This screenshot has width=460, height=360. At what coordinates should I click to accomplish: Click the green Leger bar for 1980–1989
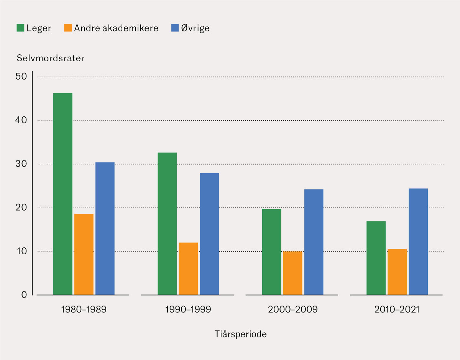pyautogui.click(x=63, y=194)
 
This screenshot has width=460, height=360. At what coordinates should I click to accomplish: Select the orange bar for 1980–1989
pyautogui.click(x=84, y=254)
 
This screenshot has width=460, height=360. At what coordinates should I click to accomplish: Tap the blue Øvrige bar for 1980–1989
pyautogui.click(x=105, y=229)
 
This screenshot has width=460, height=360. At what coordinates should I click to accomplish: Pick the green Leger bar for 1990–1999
pyautogui.click(x=167, y=224)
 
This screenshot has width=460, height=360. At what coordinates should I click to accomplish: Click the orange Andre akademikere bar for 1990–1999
pyautogui.click(x=188, y=268)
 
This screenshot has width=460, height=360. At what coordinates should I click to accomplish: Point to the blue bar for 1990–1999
pyautogui.click(x=209, y=234)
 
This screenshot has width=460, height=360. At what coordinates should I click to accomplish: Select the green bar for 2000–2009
pyautogui.click(x=272, y=252)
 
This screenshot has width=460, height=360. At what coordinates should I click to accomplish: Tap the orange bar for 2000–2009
pyautogui.click(x=293, y=273)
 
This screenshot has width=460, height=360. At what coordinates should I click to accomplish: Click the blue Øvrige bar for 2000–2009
pyautogui.click(x=314, y=242)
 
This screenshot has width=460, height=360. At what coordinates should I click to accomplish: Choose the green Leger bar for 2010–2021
pyautogui.click(x=376, y=258)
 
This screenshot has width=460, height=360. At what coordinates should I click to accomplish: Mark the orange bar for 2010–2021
pyautogui.click(x=397, y=272)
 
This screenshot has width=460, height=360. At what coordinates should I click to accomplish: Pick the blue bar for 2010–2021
pyautogui.click(x=418, y=242)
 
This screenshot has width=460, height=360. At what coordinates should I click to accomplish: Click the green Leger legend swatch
pyautogui.click(x=20, y=28)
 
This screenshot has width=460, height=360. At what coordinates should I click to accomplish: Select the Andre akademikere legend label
pyautogui.click(x=116, y=28)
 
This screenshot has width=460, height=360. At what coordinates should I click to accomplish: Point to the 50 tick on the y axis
pyautogui.click(x=21, y=77)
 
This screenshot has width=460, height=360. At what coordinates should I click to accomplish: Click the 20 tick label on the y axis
pyautogui.click(x=21, y=208)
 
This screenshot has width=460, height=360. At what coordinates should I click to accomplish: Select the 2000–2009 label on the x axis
pyautogui.click(x=293, y=309)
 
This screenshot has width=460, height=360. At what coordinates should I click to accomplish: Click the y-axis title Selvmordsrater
pyautogui.click(x=50, y=59)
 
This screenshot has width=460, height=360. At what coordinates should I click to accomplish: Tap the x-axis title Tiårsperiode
pyautogui.click(x=240, y=334)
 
